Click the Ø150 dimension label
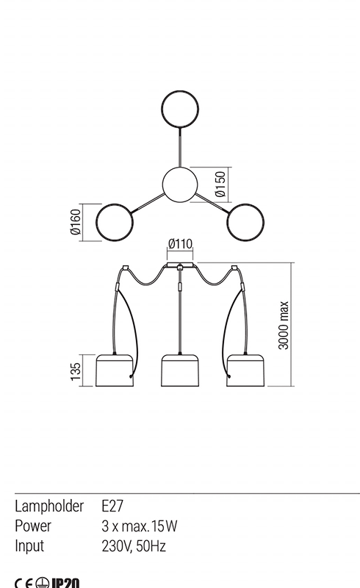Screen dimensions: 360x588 [221, 184]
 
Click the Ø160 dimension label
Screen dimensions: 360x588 [76, 222]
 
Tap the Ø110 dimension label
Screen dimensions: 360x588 [181, 244]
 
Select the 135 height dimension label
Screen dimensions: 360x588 [76, 371]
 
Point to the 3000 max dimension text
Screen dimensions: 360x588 [284, 325]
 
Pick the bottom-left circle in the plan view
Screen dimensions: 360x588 [96, 223]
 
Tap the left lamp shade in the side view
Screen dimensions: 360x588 [115, 370]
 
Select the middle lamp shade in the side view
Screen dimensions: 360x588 [180, 370]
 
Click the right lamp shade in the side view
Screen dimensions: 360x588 [245, 370]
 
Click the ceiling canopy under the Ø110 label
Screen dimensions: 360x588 [180, 265]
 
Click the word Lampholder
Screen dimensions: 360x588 [49, 506]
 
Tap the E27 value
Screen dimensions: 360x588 [112, 506]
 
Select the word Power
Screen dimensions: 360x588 [32, 526]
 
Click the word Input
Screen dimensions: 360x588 [29, 546]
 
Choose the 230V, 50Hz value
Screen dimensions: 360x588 [134, 546]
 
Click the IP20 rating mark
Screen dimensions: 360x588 [65, 583]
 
